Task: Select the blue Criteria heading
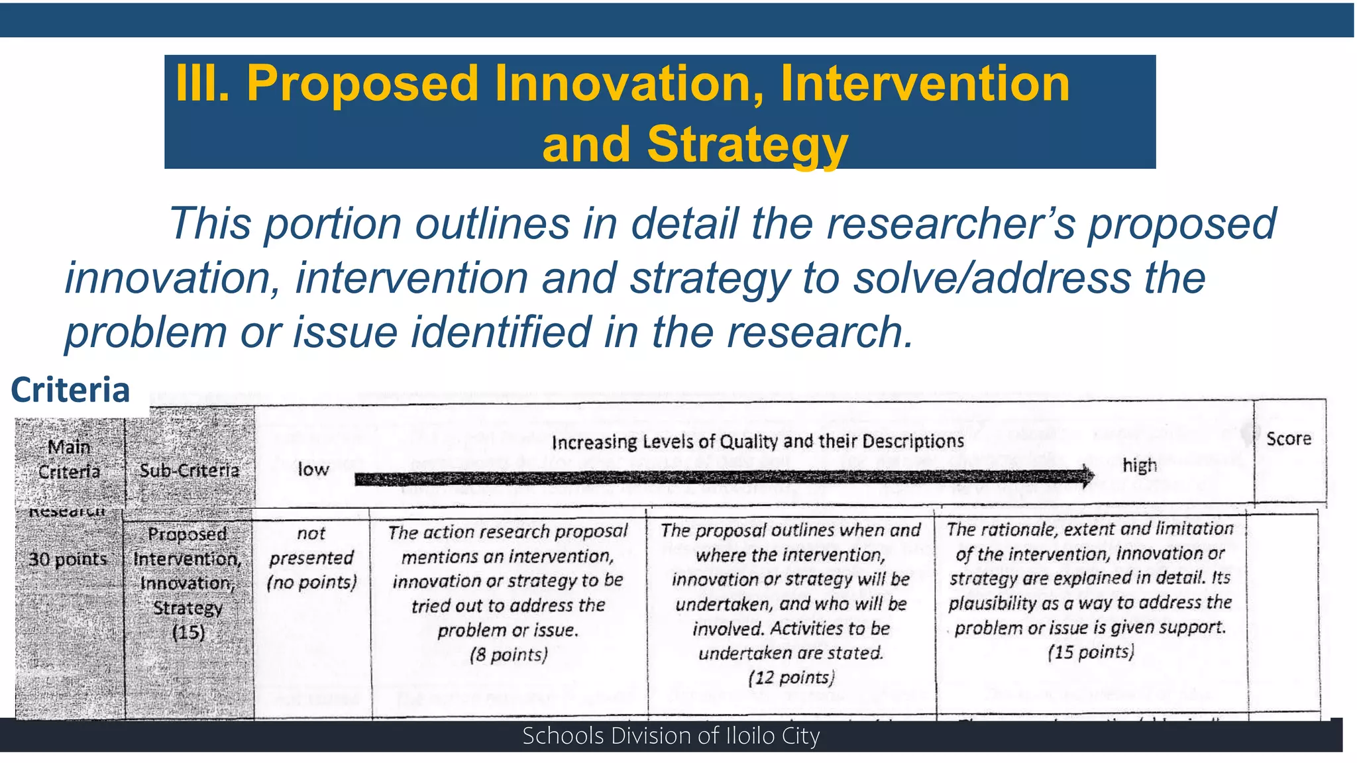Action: pos(70,390)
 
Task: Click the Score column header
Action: pos(1288,438)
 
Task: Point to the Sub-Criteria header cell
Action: pos(189,470)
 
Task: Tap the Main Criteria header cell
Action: pos(69,459)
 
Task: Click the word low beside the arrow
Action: pos(313,470)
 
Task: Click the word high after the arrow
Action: pos(1139,465)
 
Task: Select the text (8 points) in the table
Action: pos(508,655)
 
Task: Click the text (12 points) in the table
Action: pos(791,678)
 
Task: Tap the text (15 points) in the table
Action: pos(1091,652)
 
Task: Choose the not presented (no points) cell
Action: pos(311,558)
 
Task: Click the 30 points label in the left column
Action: pos(68,559)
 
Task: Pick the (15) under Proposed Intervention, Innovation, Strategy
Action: pos(188,633)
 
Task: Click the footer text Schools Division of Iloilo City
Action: pos(671,736)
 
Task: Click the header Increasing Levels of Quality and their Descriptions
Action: pos(757,442)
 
